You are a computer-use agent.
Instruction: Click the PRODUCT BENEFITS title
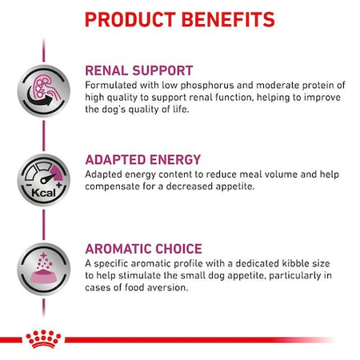coord(179,19)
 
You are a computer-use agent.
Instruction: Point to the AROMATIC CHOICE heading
coord(143,248)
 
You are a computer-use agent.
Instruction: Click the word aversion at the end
coord(170,290)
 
